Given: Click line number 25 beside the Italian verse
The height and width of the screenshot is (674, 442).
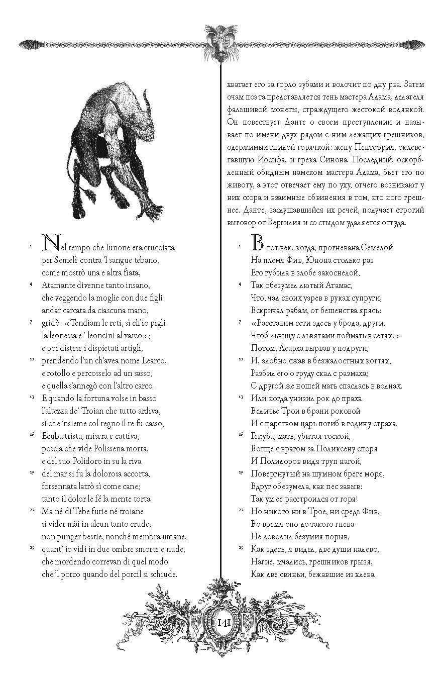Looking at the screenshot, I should click(31, 547).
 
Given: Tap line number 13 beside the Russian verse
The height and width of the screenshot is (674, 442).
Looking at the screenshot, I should click(240, 397).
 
